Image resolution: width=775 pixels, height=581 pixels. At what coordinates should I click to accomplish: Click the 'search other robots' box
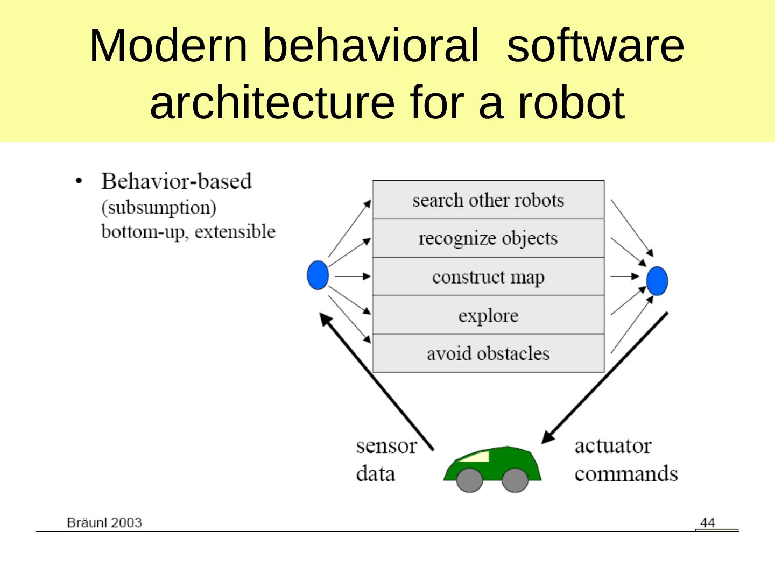tap(488, 200)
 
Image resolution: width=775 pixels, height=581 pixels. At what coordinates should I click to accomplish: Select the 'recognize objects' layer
tap(488, 238)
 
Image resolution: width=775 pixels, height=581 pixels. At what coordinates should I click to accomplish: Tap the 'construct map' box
tap(488, 277)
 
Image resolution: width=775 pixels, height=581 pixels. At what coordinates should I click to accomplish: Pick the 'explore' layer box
tap(488, 315)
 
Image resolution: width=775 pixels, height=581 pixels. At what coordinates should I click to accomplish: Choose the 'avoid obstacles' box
tap(488, 353)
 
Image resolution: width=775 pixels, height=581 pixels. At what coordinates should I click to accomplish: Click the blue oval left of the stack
tap(318, 275)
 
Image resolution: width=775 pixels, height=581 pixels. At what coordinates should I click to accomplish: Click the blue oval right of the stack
tap(657, 281)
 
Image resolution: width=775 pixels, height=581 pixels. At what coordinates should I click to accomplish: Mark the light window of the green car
tap(476, 457)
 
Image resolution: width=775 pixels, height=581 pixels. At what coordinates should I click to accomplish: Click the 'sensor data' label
tap(386, 459)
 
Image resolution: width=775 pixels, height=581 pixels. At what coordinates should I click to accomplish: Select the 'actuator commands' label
tap(625, 459)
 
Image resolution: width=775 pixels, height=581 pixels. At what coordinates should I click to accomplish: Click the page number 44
tap(708, 522)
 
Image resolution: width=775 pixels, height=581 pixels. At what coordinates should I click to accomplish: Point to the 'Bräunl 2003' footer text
tap(104, 522)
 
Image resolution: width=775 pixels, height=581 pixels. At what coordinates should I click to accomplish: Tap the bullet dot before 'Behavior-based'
tap(80, 181)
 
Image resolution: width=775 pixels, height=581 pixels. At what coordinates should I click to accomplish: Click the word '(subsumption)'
tap(159, 207)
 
